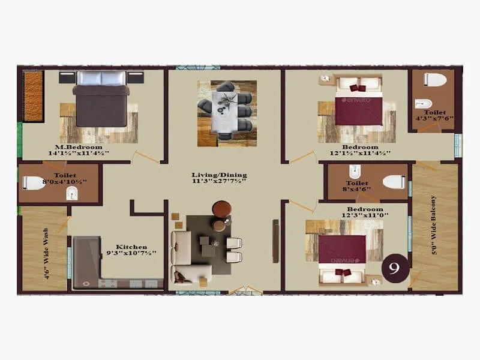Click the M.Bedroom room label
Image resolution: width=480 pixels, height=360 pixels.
pos(79,147)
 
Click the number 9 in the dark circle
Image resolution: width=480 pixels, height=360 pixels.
pos(395,268)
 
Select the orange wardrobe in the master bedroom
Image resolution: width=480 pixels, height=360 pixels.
pos(33,97)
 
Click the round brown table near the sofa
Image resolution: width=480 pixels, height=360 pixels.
pos(221,208)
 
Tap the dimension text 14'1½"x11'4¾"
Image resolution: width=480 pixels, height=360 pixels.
pos(79,154)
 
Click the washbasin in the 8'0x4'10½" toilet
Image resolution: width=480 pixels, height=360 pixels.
pos(71,193)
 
